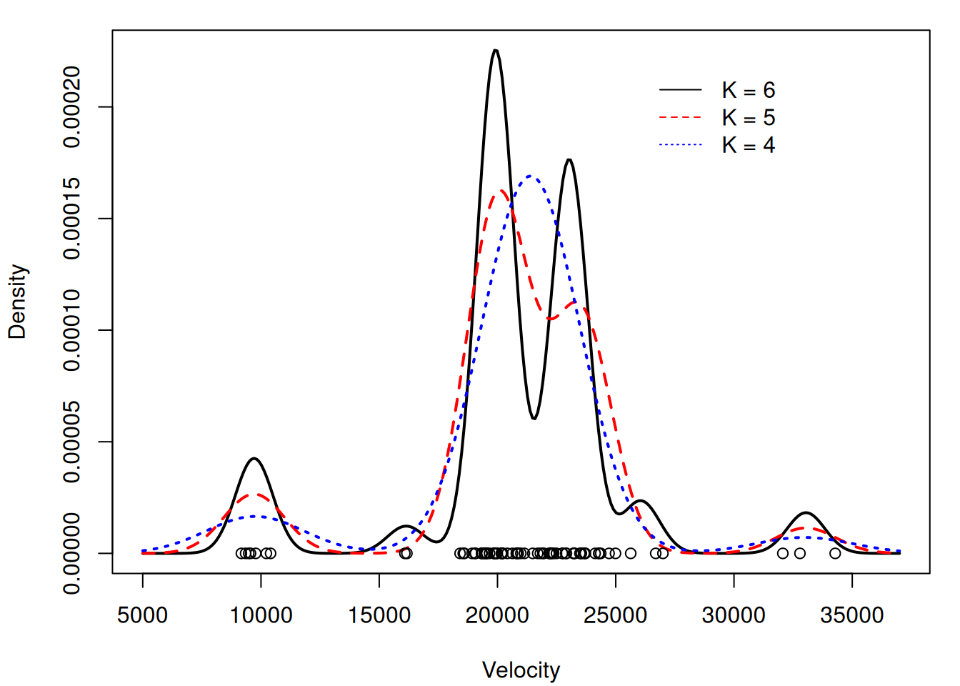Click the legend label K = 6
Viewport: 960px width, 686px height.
748,90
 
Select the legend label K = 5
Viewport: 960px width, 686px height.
748,118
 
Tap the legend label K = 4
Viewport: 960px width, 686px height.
748,145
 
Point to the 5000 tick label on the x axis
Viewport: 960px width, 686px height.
142,615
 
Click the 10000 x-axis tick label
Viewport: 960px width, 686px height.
261,615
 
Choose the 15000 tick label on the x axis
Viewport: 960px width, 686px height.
379,615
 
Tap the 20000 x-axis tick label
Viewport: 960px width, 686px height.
497,615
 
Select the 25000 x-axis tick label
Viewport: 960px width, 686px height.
616,615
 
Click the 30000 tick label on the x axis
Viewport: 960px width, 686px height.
734,615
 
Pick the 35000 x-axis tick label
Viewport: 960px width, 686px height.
852,615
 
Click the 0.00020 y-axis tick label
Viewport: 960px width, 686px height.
72,107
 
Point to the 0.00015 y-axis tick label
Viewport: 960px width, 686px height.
72,219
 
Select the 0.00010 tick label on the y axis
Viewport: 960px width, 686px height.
72,330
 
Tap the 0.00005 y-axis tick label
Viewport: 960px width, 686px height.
72,442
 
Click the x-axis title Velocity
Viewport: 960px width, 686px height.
521,670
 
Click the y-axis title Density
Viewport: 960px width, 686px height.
17,302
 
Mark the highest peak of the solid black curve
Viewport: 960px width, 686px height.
495,50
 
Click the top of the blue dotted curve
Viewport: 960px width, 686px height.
530,176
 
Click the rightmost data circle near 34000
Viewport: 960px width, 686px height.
835,553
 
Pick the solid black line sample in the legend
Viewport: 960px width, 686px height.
680,90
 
